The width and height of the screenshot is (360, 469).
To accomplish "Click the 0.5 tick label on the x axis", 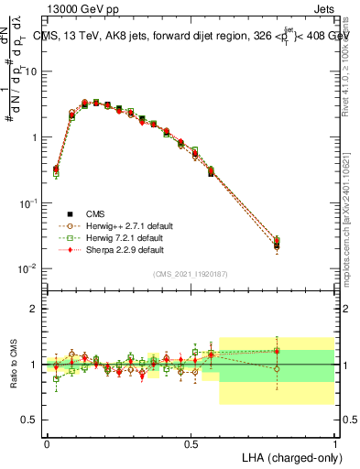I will tap(190, 442).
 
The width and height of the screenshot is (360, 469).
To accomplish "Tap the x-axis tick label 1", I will tap(334, 442).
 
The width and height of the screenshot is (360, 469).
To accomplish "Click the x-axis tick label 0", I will tap(47, 442).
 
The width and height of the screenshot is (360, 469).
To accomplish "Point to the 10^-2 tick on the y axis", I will tap(29, 267).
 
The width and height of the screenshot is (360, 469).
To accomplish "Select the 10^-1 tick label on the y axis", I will tap(29, 202).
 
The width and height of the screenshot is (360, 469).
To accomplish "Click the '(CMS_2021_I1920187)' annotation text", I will tap(191, 274).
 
